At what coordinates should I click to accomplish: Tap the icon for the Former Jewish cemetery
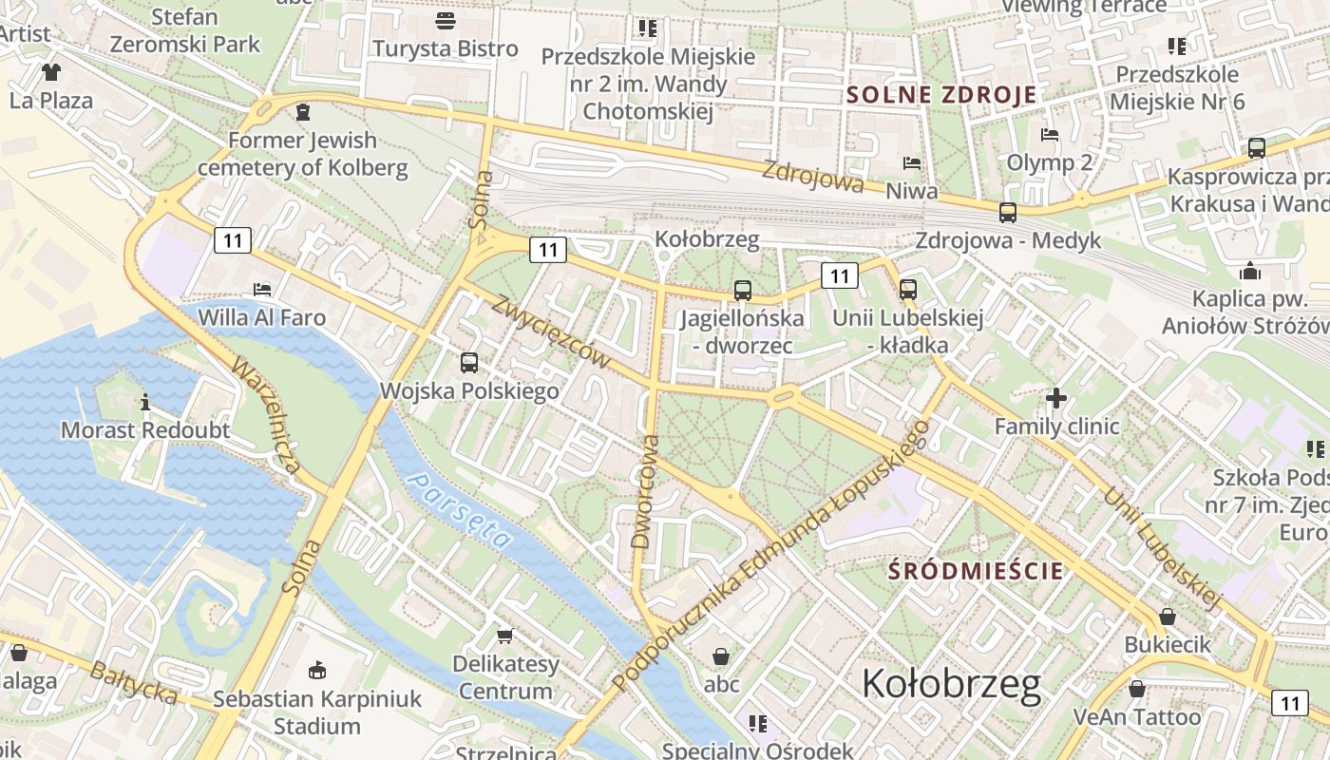[x=302, y=112]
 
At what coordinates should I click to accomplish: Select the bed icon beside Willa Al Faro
[x=262, y=289]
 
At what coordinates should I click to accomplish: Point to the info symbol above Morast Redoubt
[x=145, y=402]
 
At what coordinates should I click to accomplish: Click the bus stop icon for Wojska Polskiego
[x=469, y=362]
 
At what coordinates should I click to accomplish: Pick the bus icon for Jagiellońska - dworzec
[x=742, y=290]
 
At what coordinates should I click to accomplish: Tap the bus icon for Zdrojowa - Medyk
[x=1008, y=212]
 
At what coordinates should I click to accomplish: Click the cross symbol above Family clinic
[x=1056, y=398]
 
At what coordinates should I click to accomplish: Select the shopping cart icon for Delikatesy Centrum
[x=504, y=635]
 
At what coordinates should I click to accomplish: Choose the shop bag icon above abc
[x=721, y=655]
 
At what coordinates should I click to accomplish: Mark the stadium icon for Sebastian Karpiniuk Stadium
[x=317, y=670]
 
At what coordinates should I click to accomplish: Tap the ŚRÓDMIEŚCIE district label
[x=975, y=572]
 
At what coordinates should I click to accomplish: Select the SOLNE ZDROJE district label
[x=941, y=95]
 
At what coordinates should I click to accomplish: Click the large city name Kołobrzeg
[x=951, y=684]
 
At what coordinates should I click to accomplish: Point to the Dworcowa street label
[x=644, y=491]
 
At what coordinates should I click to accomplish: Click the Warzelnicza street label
[x=267, y=415]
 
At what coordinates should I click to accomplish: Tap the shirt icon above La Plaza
[x=50, y=72]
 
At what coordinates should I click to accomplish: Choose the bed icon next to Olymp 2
[x=1050, y=134]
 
